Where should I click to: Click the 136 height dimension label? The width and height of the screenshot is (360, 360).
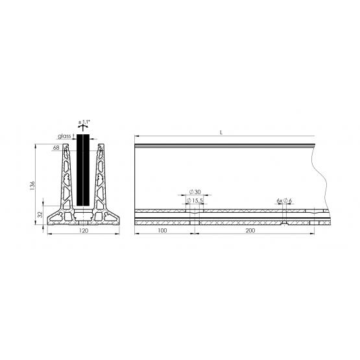tap(32, 186)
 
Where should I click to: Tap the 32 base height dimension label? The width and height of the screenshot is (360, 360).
tap(40, 215)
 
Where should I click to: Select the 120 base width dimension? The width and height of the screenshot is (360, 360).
tap(84, 230)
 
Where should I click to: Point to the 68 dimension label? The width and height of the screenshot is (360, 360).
tap(56, 148)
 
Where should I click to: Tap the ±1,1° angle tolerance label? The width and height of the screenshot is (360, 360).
tap(84, 122)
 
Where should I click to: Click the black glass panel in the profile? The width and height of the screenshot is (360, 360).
tap(83, 170)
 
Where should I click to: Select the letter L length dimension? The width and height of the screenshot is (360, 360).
tap(221, 133)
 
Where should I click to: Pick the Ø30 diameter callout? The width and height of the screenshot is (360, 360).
tap(195, 192)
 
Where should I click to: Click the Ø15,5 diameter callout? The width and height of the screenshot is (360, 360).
tap(195, 200)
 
